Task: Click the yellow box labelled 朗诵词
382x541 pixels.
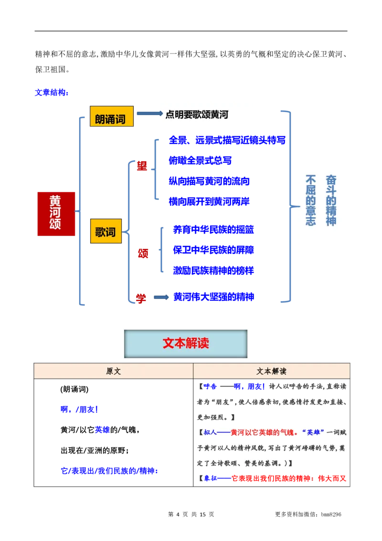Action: click(111, 117)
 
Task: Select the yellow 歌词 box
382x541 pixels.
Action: click(106, 232)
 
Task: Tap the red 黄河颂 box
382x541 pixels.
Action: click(55, 213)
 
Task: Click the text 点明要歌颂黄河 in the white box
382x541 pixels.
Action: click(197, 115)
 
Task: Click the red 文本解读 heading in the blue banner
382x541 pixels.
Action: click(186, 343)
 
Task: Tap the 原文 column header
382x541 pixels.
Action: click(113, 371)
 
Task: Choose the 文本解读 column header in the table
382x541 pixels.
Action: click(271, 371)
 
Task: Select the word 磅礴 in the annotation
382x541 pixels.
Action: click(318, 448)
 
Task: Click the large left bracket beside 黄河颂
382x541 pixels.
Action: click(80, 210)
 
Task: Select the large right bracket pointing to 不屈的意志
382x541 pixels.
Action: click(287, 206)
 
